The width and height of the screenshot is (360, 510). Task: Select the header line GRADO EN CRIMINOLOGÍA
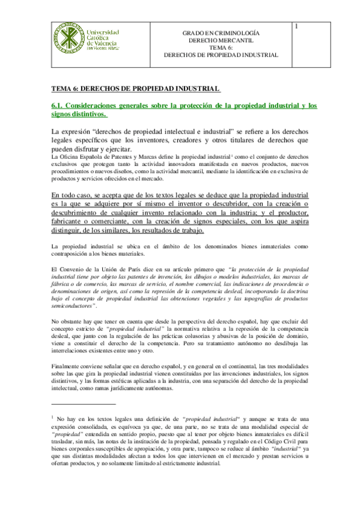[221, 35]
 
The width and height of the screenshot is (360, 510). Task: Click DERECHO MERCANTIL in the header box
[221, 41]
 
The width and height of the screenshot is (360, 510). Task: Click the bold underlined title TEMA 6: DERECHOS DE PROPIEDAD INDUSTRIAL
[136, 88]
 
